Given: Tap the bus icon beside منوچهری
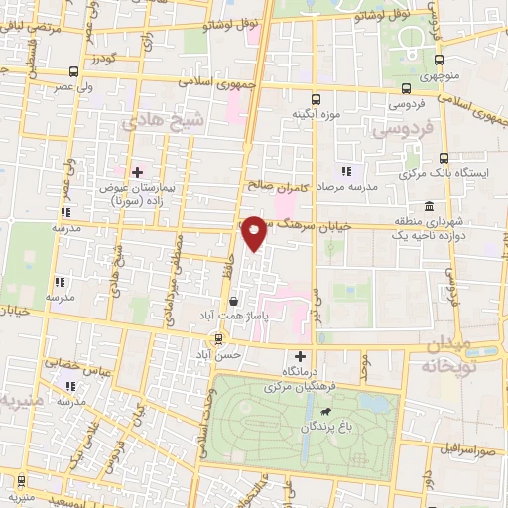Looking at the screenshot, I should [431, 59].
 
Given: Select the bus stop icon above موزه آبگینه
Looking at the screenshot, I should [316, 99].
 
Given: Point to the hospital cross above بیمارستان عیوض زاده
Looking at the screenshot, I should [137, 171].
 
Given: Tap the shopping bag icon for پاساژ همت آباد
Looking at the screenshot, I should [232, 299].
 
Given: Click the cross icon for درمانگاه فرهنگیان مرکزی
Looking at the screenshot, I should [300, 356].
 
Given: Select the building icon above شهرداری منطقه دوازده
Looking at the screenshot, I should [428, 206].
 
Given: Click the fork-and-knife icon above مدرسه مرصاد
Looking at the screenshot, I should [345, 171].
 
